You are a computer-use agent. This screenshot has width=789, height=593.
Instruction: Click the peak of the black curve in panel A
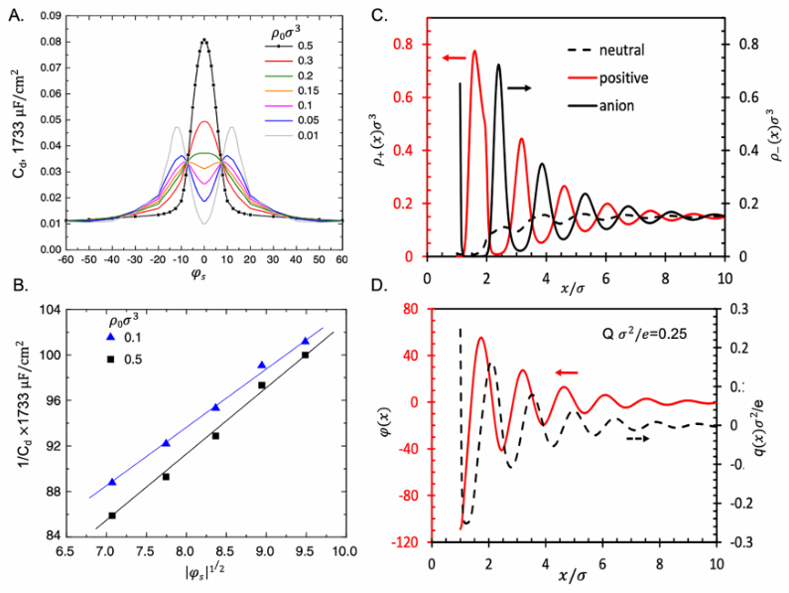pos(204,40)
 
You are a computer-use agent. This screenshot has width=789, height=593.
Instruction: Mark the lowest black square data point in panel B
pos(112,516)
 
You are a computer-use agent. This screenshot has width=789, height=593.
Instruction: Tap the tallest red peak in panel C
pos(474,52)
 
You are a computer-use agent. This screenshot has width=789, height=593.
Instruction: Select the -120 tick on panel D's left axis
pos(411,542)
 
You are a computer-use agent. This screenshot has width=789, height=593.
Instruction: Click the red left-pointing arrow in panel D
pos(567,371)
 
